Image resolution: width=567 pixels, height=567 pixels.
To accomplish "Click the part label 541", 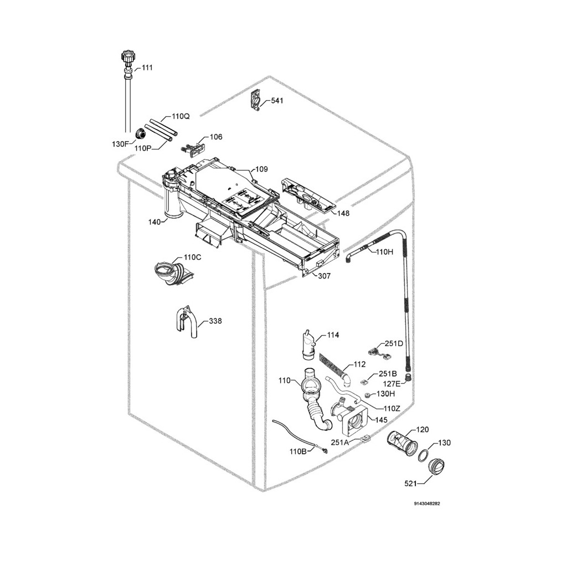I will pos(277,101).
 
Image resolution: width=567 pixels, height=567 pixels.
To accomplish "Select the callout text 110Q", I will pos(181,117).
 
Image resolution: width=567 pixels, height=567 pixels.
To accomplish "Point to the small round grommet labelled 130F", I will pos(140,133).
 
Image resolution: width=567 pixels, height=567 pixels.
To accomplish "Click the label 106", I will pos(215,137).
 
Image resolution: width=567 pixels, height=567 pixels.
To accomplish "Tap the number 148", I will pos(343,213).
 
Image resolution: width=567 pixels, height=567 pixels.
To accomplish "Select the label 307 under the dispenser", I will pos(324,276).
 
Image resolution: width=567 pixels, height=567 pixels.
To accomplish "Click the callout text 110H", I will pos(384,252).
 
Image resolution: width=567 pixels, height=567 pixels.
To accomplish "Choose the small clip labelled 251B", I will pos(365,380).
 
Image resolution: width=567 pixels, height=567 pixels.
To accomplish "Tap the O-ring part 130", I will pos(422,456).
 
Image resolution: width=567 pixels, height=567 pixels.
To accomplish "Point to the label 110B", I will pos(298,451).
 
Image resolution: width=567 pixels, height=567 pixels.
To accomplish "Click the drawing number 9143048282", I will pos(427,504).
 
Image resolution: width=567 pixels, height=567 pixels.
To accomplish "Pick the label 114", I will pos(333,335).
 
